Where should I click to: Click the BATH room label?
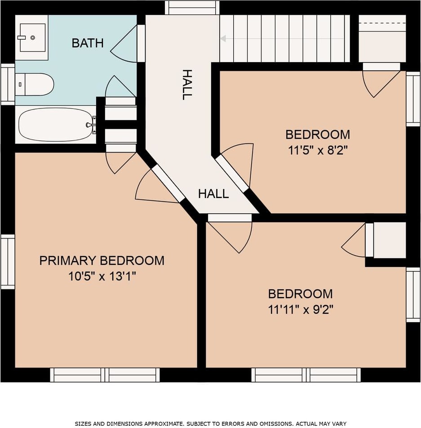[x=88, y=43]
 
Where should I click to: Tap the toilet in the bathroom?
[x=34, y=84]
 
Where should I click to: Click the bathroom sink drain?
[x=33, y=38]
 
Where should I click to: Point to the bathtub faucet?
[x=91, y=125]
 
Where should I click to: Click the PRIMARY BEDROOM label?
[x=102, y=261]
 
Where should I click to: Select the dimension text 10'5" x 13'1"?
[x=102, y=276]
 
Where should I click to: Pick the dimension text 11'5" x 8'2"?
[x=318, y=150]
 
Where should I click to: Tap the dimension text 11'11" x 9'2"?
[x=301, y=310]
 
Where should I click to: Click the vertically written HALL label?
[x=187, y=85]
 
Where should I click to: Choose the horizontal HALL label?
[x=213, y=194]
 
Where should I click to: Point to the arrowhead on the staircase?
[x=223, y=39]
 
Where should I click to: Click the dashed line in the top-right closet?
[x=382, y=23]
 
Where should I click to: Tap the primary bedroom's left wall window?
[x=8, y=261]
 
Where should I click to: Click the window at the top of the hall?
[x=192, y=7]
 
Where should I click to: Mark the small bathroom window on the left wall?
[x=8, y=84]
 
